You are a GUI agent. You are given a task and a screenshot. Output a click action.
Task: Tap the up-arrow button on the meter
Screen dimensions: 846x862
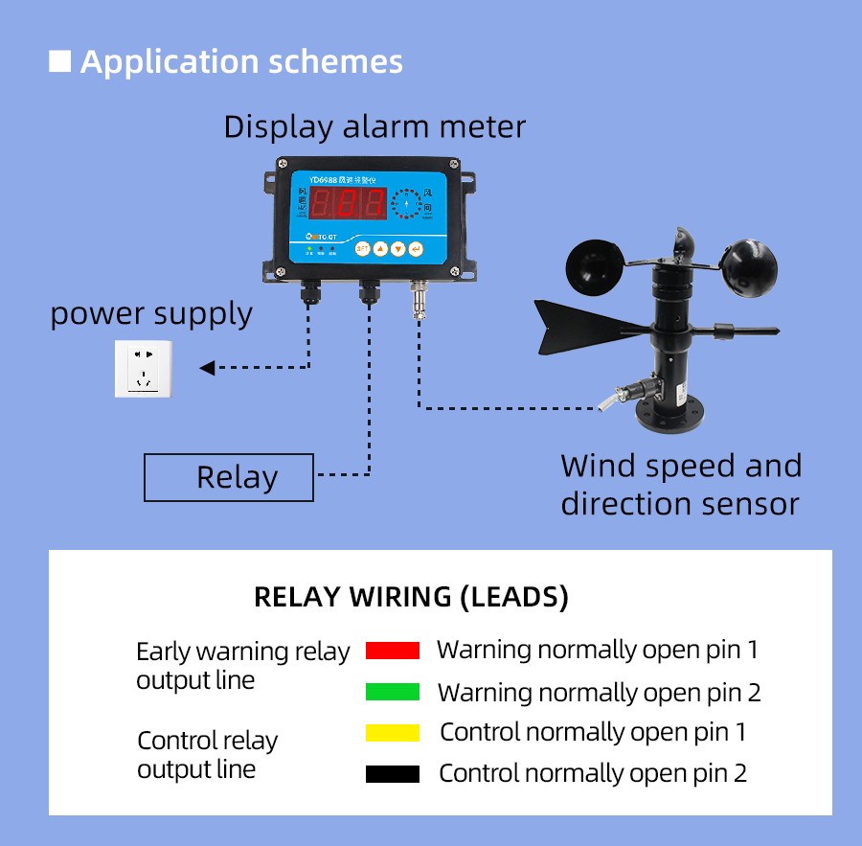click(380, 248)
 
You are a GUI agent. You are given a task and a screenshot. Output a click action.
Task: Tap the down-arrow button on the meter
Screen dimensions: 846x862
click(397, 248)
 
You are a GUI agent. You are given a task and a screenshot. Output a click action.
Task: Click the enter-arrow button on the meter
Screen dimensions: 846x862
click(416, 248)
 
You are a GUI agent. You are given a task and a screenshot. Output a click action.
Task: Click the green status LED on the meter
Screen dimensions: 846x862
click(309, 248)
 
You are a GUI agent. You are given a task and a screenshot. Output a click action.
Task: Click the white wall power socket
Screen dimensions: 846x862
click(144, 368)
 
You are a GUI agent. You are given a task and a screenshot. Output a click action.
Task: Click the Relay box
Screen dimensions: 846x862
click(228, 477)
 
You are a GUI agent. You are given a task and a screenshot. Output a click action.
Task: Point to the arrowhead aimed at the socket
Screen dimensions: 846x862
click(208, 368)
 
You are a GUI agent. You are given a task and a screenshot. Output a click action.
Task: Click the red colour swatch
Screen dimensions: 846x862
click(393, 651)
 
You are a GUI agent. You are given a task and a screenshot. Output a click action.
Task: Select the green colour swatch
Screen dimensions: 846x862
click(393, 692)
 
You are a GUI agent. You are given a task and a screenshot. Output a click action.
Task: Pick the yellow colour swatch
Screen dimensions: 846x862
click(393, 733)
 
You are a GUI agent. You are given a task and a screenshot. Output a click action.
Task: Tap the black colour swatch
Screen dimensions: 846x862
click(393, 774)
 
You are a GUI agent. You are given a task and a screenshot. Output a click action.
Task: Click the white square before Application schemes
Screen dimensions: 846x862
click(60, 61)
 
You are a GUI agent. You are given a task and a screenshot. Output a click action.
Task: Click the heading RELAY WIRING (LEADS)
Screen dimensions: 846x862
click(411, 598)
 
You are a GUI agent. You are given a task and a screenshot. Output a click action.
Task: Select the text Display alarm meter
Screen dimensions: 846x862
click(374, 126)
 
